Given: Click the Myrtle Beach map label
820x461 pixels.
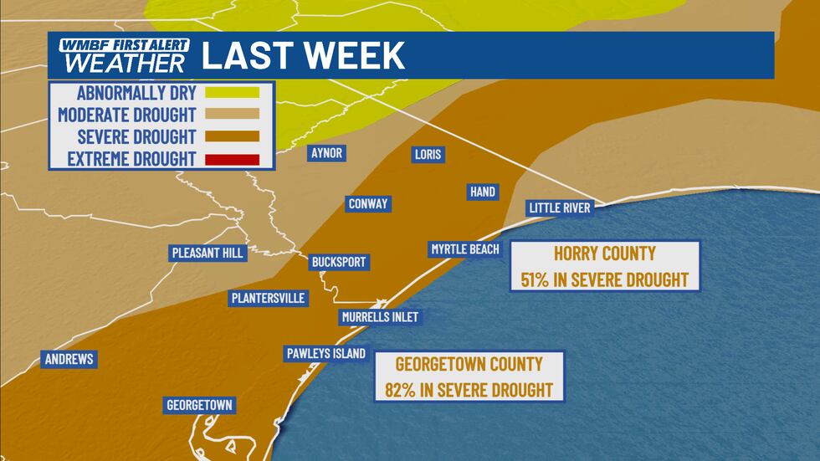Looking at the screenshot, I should click(x=465, y=248).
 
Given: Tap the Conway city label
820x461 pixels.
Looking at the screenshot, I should click(x=368, y=204).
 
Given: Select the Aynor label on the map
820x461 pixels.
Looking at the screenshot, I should click(x=326, y=153).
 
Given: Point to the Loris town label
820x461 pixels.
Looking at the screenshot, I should click(x=428, y=154).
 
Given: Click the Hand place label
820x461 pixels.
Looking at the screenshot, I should click(x=483, y=192).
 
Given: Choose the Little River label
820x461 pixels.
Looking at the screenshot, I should click(x=559, y=207).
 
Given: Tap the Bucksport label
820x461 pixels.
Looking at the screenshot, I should click(x=338, y=262).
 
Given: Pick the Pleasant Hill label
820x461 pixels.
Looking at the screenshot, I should click(x=207, y=252).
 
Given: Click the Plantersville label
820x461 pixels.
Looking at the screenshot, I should click(x=268, y=298).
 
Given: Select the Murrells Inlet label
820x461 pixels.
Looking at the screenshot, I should click(x=379, y=316).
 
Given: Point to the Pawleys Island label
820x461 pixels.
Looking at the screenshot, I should click(x=325, y=353).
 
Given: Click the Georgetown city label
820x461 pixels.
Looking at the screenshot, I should click(x=198, y=405).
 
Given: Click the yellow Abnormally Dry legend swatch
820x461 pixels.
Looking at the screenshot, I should click(x=236, y=92).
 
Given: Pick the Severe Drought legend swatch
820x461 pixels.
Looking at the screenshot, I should click(x=236, y=136).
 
